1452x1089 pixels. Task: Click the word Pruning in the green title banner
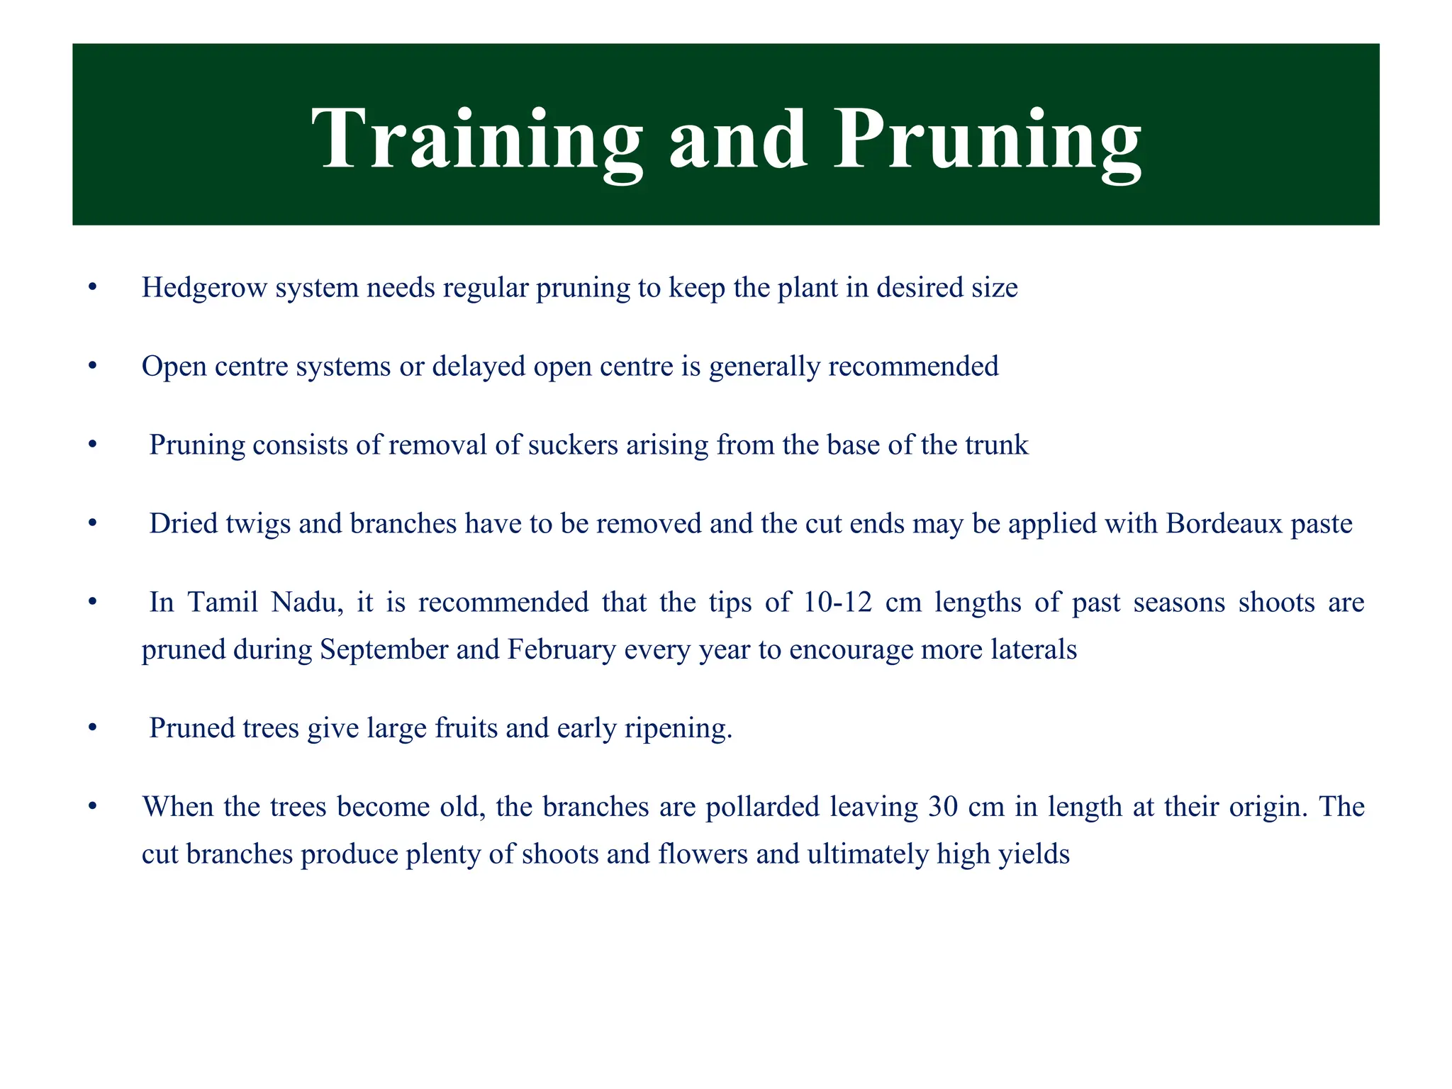click(x=987, y=139)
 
